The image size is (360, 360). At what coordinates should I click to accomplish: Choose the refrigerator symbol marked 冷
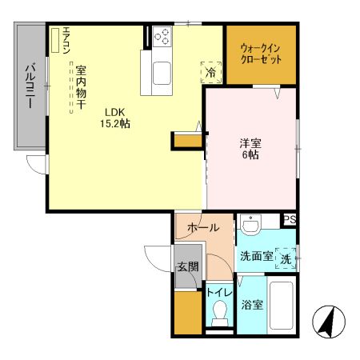(210, 72)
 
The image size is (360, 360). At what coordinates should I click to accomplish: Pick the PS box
(290, 220)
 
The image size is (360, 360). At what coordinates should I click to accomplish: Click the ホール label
(203, 228)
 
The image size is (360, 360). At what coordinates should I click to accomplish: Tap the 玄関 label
(187, 267)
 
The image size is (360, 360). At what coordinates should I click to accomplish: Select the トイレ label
(217, 293)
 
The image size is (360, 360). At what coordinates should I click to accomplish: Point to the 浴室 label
(251, 304)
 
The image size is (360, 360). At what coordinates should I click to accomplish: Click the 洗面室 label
(255, 257)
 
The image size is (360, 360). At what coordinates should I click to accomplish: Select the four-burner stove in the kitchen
(162, 38)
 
